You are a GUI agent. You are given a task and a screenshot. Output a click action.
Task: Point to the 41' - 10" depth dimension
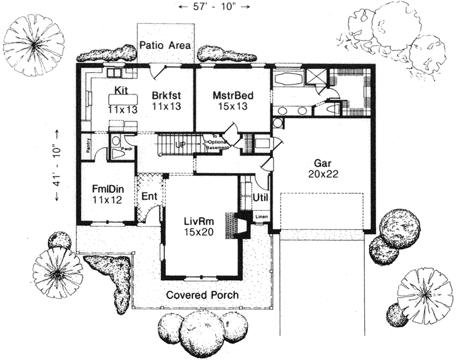point(58,165)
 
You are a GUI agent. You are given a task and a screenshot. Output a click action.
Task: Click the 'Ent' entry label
point(148,197)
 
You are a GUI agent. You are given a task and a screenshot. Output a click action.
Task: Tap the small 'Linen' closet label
point(261,217)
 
